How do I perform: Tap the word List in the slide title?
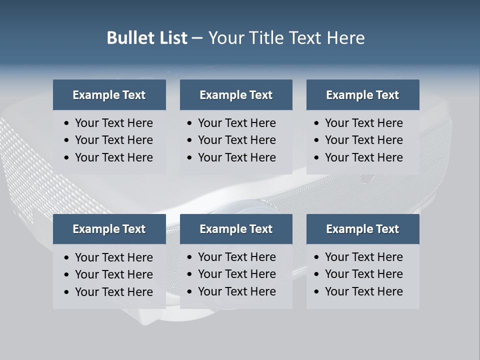coord(171,38)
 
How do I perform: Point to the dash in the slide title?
coord(197,38)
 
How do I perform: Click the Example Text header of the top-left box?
coord(109,95)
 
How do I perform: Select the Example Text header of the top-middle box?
coord(236,95)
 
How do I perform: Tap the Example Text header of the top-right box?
coord(362,95)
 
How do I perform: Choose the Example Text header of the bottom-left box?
coord(109,229)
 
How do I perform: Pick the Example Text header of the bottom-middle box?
coord(236,229)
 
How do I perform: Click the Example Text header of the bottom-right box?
coord(362,229)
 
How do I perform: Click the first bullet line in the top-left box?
coord(113,123)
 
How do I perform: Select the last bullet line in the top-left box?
coord(113,157)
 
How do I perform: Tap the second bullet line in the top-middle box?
coord(236,140)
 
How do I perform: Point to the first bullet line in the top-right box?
coord(363,123)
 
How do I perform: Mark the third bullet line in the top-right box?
coord(363,157)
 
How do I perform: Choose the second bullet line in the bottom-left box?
coord(113,274)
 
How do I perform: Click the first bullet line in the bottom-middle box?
coord(236,257)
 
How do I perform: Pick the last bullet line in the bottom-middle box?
coord(236,291)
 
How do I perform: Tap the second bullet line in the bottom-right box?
coord(363,274)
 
